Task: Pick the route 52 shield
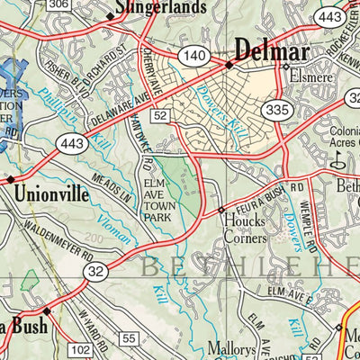click(160, 115)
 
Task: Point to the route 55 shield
click(129, 338)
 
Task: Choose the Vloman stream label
click(120, 236)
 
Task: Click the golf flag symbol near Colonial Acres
click(338, 160)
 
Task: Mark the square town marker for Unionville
click(11, 180)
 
